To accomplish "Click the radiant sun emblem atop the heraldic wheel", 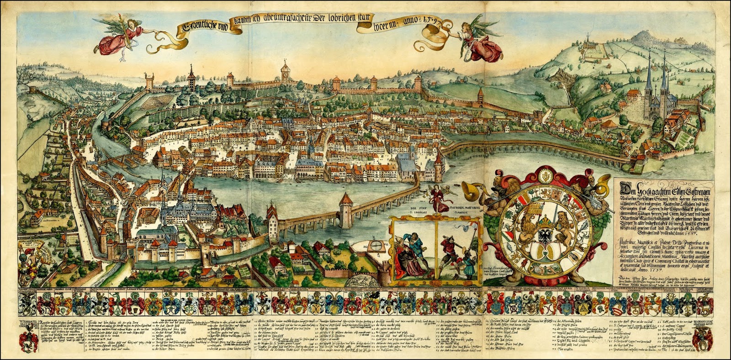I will click(x=545, y=175).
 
